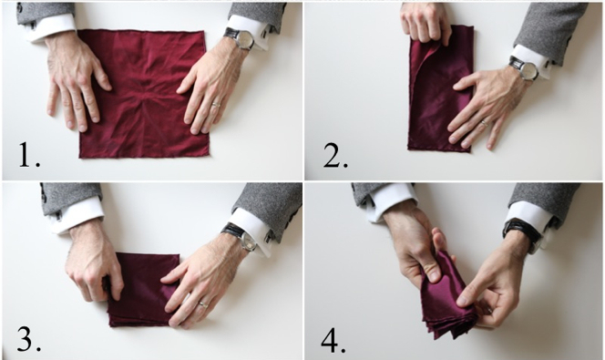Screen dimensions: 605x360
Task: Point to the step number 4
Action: click(333, 340)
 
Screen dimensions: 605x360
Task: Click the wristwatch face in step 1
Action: click(244, 39)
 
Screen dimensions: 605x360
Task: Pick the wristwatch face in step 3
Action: click(247, 241)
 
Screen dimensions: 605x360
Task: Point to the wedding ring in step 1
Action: click(216, 104)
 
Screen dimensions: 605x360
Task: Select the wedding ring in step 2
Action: click(484, 123)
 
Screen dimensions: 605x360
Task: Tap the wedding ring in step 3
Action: click(203, 304)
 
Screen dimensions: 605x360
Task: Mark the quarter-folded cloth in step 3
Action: click(143, 290)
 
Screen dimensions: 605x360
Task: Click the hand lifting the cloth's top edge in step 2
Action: click(426, 24)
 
